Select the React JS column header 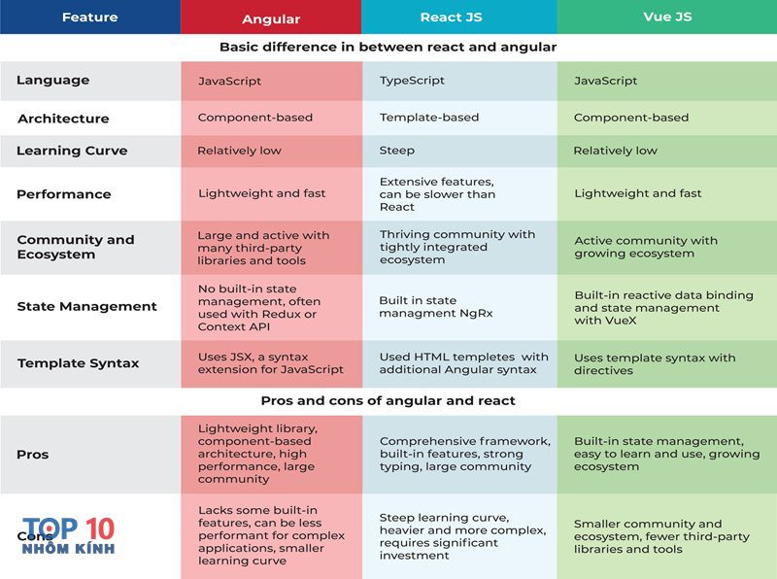coord(451,17)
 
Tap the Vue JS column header coord(667,17)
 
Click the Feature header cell coord(89,17)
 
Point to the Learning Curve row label coord(72,151)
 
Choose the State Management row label coord(86,306)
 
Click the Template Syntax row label coord(79,363)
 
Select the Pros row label coord(33,455)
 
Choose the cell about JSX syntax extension coord(271,363)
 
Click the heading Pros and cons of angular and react coord(388,400)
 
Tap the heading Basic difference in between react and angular coord(388,47)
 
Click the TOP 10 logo coord(68,535)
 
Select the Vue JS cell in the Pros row coord(666,454)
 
